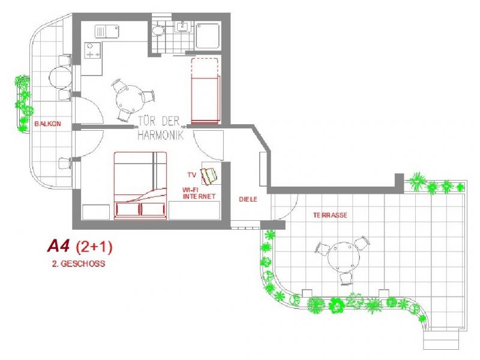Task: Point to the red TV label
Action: click(191, 175)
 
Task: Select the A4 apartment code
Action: click(59, 246)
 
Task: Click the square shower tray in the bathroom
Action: click(209, 37)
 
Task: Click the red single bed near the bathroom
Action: click(206, 90)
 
